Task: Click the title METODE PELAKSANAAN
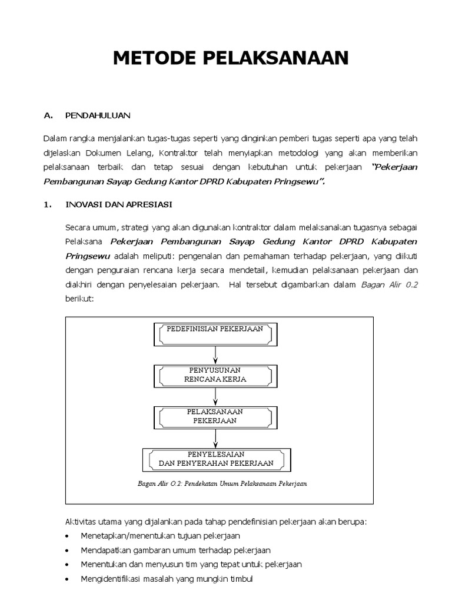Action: click(231, 58)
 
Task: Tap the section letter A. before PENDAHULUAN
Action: click(49, 115)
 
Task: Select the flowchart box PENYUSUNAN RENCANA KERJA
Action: click(215, 375)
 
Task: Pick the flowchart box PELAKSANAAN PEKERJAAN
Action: click(215, 416)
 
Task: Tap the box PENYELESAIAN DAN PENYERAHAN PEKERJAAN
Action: click(215, 459)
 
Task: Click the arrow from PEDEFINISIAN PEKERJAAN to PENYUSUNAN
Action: click(216, 354)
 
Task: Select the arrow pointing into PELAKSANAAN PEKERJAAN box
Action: click(216, 396)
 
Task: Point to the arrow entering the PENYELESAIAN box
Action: click(216, 438)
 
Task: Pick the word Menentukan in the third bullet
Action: click(101, 565)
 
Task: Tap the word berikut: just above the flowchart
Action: click(79, 299)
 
